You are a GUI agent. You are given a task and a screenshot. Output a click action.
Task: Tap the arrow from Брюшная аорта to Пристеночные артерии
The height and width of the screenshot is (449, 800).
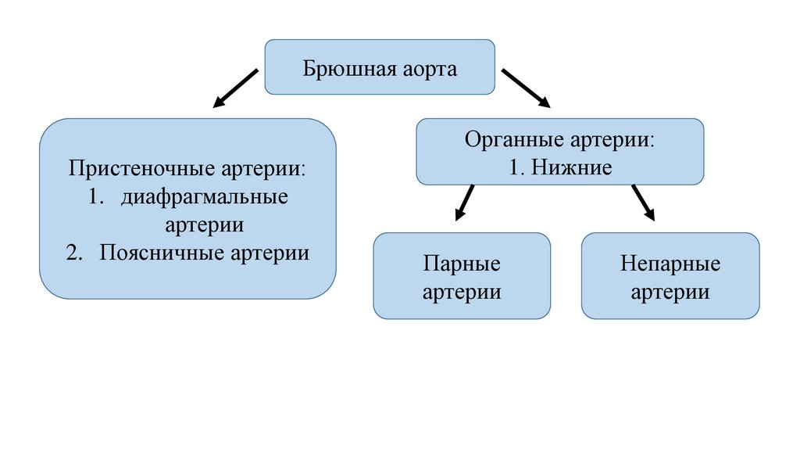click(235, 88)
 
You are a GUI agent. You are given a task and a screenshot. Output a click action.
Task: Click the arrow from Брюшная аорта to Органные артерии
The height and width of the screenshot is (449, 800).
click(525, 88)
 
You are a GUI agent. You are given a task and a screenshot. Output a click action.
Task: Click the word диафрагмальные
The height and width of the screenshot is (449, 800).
click(205, 197)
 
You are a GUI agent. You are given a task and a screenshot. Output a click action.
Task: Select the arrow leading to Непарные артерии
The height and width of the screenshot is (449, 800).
click(643, 203)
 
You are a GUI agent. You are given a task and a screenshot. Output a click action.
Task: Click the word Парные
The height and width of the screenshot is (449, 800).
click(461, 264)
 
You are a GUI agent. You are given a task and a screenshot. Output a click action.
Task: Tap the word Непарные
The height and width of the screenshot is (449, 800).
click(670, 264)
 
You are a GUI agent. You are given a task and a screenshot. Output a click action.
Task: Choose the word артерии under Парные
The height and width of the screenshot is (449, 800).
click(461, 293)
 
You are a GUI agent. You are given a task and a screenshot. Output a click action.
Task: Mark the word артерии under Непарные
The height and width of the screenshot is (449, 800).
click(670, 293)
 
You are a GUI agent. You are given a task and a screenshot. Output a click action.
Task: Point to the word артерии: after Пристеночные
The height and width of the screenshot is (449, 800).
click(267, 169)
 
